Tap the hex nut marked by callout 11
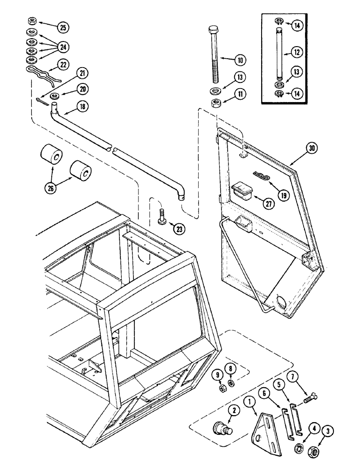[x=216, y=103]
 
